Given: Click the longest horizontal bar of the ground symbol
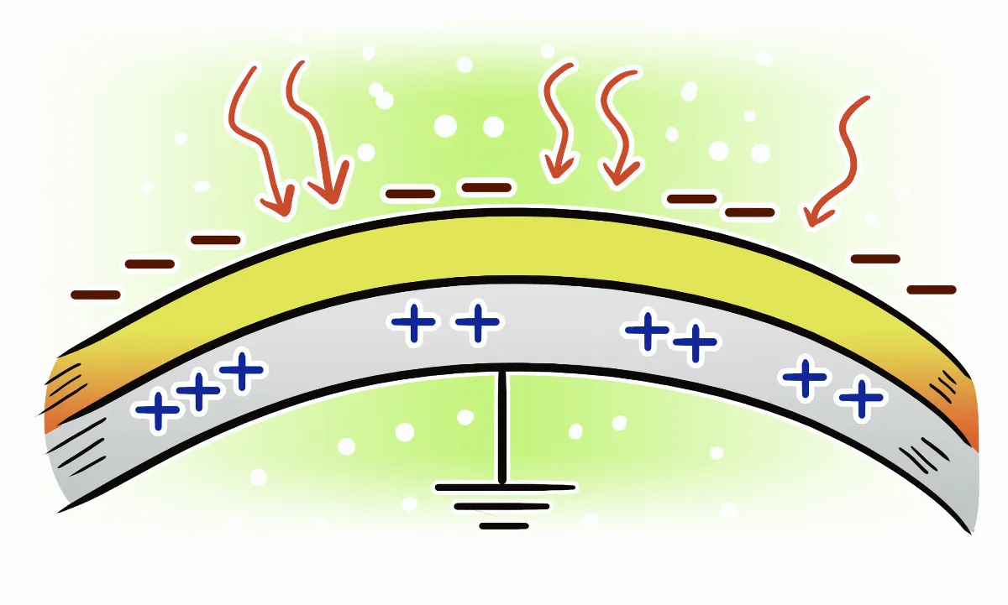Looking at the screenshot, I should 505,487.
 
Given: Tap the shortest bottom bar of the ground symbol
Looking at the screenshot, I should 504,526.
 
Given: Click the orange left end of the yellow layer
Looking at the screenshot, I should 59,394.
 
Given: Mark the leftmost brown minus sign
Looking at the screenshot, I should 95,295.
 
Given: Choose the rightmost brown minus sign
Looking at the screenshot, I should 931,289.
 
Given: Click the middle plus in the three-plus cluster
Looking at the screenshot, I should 199,392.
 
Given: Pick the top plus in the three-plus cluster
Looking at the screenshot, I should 242,372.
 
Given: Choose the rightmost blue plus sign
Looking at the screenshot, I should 861,399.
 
